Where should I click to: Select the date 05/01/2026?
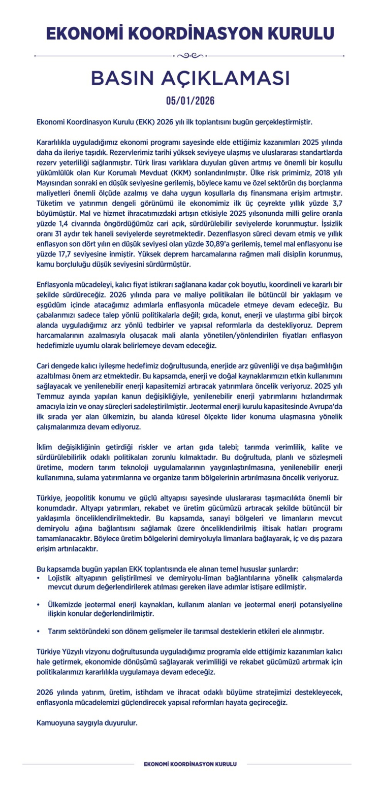pyautogui.click(x=190, y=101)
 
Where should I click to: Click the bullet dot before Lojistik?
pyautogui.click(x=39, y=578)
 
